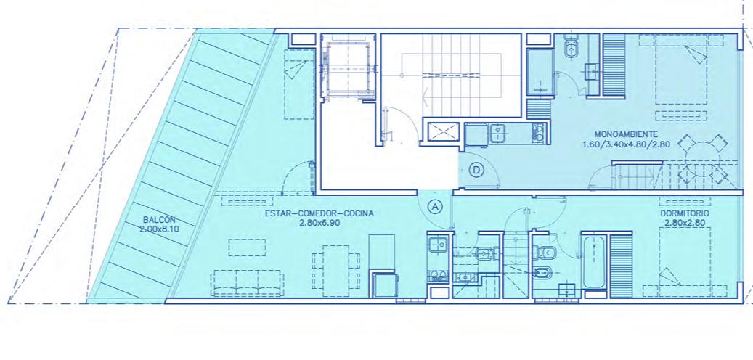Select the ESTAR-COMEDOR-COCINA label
click(x=319, y=213)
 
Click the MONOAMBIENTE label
click(x=626, y=134)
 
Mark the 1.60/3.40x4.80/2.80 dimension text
click(x=626, y=144)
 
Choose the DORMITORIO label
click(x=685, y=213)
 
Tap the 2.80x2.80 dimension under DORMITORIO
click(x=685, y=223)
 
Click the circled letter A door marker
click(x=436, y=207)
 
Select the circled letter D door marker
click(x=476, y=170)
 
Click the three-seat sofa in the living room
click(x=248, y=283)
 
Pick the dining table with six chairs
click(x=335, y=270)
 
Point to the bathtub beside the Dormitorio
click(x=595, y=261)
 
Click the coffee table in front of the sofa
click(x=247, y=247)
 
